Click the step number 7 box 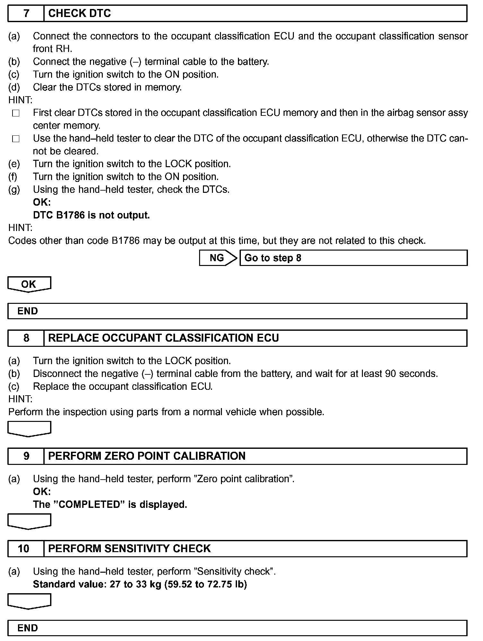(26, 13)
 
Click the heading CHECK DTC (79, 13)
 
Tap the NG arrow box (218, 258)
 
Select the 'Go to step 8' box (353, 258)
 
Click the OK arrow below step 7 (29, 284)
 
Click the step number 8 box (26, 338)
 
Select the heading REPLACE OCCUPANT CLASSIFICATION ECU (163, 338)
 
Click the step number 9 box (26, 456)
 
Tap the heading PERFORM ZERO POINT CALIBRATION (147, 456)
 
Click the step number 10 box (26, 549)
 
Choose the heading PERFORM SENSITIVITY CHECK (129, 549)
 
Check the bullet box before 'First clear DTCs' (16, 113)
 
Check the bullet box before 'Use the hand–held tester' (16, 139)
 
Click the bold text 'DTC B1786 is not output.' (92, 215)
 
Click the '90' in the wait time (390, 374)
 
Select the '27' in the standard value (115, 584)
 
